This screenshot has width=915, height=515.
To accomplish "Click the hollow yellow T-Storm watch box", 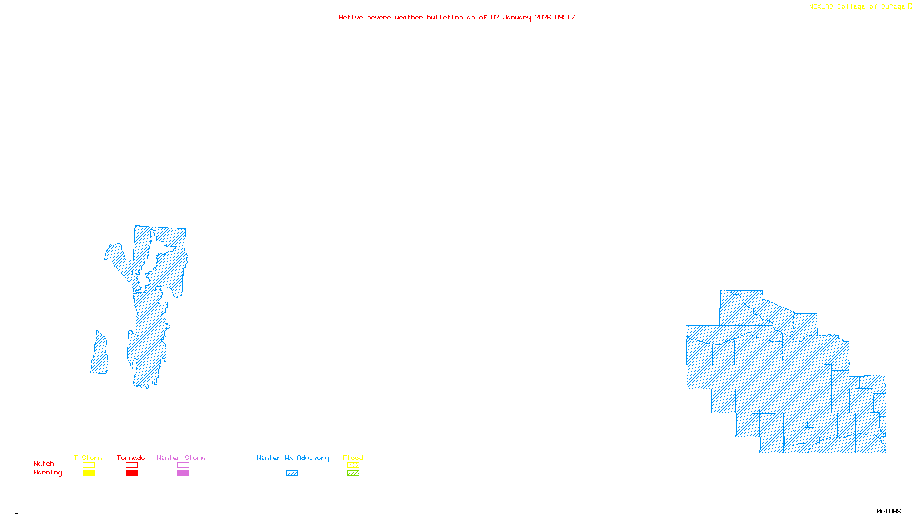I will pos(89,465).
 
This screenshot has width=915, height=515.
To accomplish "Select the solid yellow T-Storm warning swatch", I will pos(89,473).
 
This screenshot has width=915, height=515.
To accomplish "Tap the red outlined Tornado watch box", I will pos(132,465).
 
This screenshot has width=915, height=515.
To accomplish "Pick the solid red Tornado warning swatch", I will pos(132,473).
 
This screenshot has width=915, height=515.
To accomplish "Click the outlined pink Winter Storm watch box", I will pos(183,465).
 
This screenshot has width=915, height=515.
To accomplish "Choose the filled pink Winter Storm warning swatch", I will pos(183,473).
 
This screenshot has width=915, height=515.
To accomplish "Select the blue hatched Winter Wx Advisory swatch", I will pos(292,473).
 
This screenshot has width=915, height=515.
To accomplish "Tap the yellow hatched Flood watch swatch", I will pos(353,465).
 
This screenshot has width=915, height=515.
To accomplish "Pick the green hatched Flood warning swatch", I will pos(353,473).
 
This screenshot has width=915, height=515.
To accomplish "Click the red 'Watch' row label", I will pos(44,463).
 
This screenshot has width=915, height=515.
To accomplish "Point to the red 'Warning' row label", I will pos(47,473).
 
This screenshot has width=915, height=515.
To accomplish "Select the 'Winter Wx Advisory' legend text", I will pos(293,458).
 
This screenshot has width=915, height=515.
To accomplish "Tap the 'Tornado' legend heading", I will pos(131,458).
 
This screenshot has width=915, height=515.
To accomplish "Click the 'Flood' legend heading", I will pos(353,458).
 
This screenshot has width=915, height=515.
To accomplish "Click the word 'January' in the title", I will pos(517,17).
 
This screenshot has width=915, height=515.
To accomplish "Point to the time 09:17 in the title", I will pos(565,17).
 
